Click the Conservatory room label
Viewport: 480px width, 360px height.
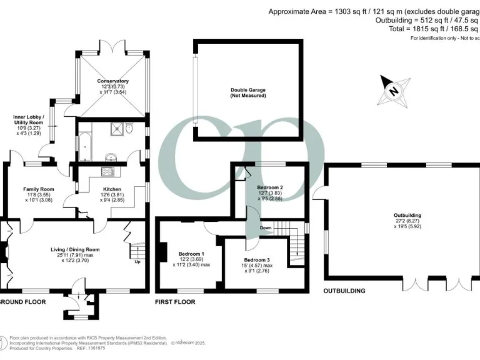[112, 81]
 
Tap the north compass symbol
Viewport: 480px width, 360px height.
[394, 90]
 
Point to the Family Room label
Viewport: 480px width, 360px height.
[39, 189]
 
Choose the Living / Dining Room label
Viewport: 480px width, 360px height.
[75, 249]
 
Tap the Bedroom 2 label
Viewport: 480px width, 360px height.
[270, 187]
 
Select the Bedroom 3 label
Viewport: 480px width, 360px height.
[257, 259]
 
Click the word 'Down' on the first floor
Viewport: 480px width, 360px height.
[266, 227]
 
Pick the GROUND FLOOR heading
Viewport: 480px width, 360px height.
[21, 302]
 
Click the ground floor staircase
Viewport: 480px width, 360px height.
[136, 250]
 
